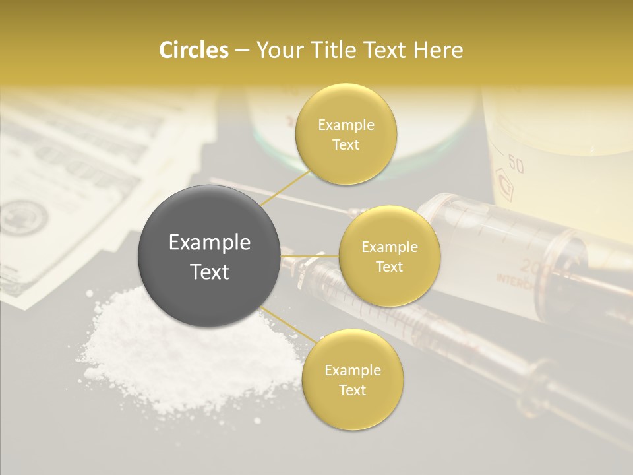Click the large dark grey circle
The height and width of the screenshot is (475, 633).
tap(209, 257)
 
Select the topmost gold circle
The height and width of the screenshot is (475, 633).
tap(346, 135)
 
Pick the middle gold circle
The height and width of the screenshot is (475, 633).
tap(389, 257)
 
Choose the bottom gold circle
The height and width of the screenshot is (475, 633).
tap(352, 380)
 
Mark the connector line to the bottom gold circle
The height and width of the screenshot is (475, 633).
tap(288, 325)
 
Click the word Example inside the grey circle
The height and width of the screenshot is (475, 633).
tap(209, 243)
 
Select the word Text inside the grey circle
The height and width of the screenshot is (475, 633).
tap(209, 272)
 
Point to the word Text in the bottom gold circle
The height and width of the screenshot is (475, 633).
tap(352, 391)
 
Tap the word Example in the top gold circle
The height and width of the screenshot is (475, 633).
tap(346, 125)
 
